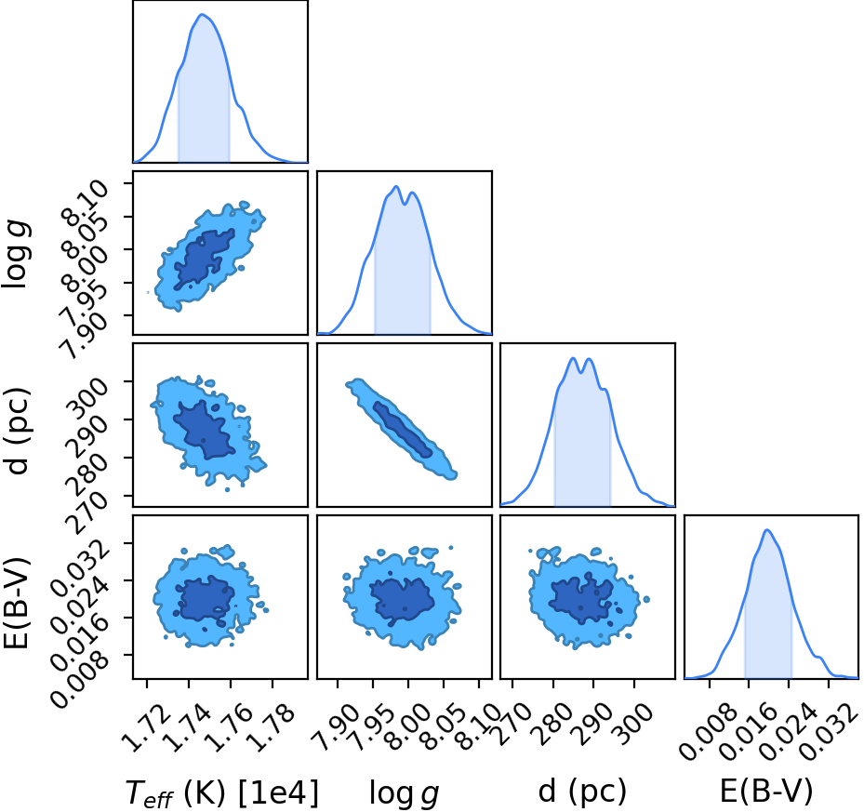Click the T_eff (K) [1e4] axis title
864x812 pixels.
tap(222, 793)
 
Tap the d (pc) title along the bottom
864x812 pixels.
tap(582, 792)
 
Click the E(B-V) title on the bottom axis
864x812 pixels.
tap(766, 792)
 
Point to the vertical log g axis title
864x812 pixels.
tap(16, 254)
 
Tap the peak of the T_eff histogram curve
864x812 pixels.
tap(202, 14)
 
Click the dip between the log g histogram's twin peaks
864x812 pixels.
tap(405, 204)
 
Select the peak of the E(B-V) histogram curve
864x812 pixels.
tap(766, 530)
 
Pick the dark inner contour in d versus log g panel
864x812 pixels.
tap(403, 429)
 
